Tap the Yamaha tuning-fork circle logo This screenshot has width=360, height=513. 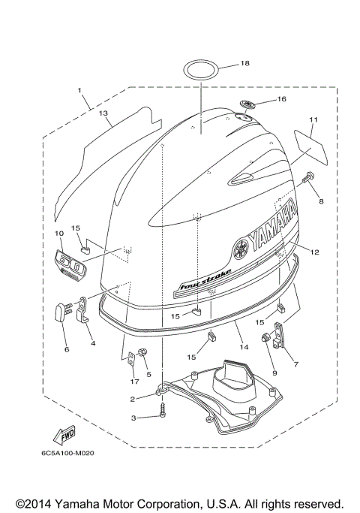click(241, 247)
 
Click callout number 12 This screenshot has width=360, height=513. click(314, 252)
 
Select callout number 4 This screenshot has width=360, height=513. click(93, 343)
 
